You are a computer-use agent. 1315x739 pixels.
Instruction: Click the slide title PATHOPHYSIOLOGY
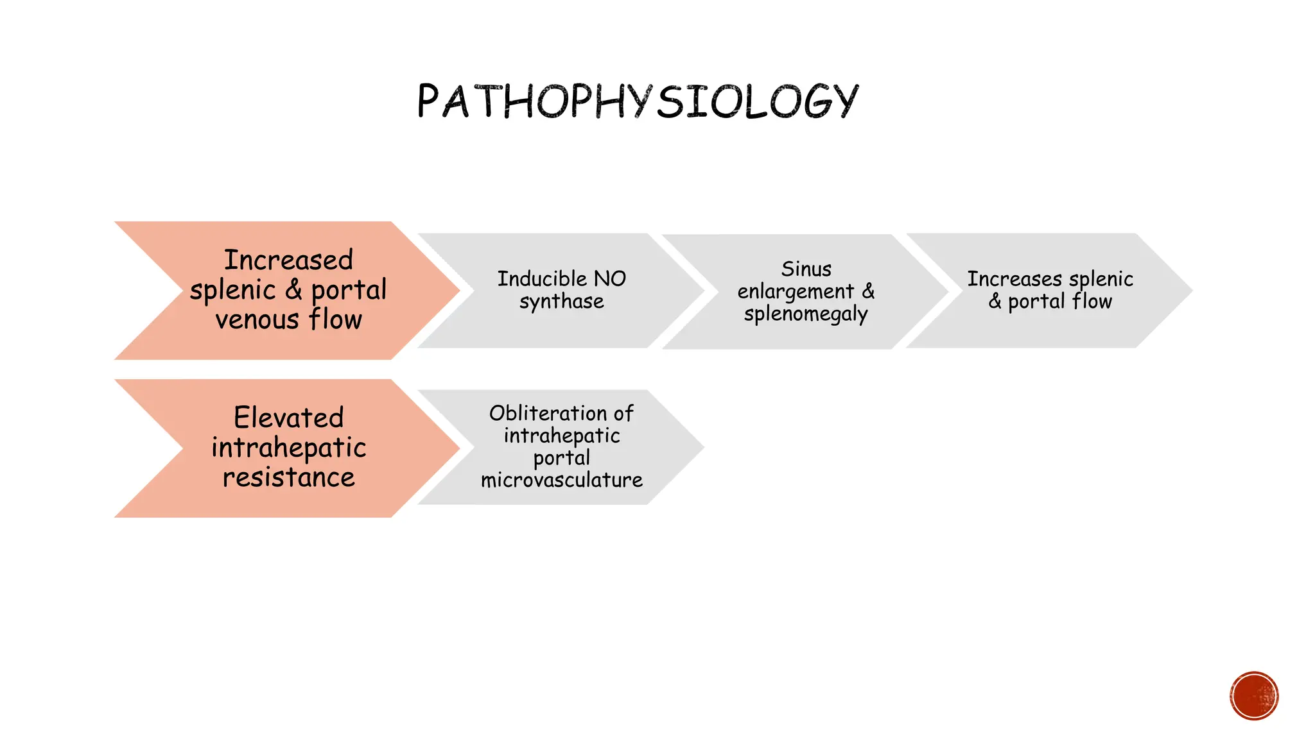637,101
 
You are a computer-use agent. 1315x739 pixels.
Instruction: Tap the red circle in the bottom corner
1254,696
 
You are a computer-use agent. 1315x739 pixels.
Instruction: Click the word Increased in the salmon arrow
288,260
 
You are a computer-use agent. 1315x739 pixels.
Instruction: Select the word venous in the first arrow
257,319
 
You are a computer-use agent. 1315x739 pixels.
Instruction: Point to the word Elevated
288,418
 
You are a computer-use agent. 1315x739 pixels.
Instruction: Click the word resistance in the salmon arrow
288,477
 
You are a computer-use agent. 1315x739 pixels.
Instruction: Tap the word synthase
562,302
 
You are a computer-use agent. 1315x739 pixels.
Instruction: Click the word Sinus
806,269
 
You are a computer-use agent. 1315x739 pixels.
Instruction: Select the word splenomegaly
806,314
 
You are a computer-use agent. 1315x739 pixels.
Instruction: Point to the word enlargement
796,292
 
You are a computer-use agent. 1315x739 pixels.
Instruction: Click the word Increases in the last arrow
1015,279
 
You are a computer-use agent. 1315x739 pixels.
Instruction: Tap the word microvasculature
562,480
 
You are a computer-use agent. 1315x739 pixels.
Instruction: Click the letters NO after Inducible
609,279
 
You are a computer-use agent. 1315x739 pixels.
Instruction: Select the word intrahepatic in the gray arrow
562,436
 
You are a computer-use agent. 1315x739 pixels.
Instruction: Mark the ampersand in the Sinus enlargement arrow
868,291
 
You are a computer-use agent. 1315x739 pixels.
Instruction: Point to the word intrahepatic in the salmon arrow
288,448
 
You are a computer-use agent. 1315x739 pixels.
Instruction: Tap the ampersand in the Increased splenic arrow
293,290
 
